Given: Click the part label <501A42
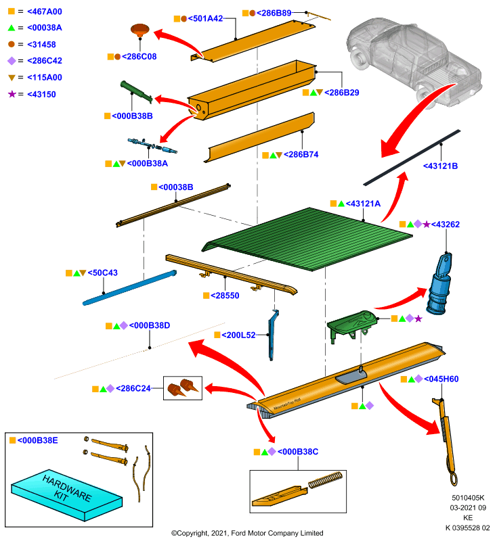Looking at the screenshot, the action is click(205, 18).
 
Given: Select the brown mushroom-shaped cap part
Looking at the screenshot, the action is click(140, 30).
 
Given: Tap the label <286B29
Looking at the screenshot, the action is click(341, 93).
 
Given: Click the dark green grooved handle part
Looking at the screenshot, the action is click(136, 92).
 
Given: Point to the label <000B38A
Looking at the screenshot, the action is click(148, 164).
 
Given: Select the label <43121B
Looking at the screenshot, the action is click(440, 166).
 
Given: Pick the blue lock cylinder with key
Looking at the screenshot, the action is click(439, 283).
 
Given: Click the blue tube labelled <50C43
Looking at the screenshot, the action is click(129, 288).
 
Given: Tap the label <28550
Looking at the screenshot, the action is click(225, 296).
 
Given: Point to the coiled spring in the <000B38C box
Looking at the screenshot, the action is click(325, 480).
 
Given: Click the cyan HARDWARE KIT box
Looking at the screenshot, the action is click(67, 495).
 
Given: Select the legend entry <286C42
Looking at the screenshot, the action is click(45, 61).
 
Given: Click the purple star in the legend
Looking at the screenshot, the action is click(12, 94).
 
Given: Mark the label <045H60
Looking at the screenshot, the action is click(441, 379).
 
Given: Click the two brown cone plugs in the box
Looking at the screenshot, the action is click(183, 388).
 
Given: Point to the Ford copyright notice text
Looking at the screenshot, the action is click(247, 533).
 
